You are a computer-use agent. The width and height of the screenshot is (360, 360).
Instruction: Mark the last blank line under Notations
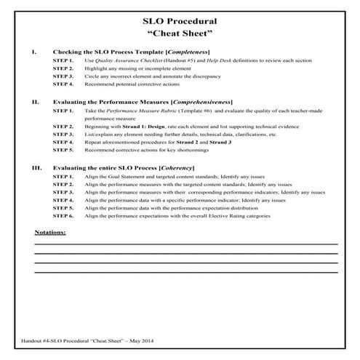tap(185, 272)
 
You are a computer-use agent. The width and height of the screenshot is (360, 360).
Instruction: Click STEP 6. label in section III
tap(63, 216)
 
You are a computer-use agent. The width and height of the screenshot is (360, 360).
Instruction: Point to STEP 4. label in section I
tap(63, 84)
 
